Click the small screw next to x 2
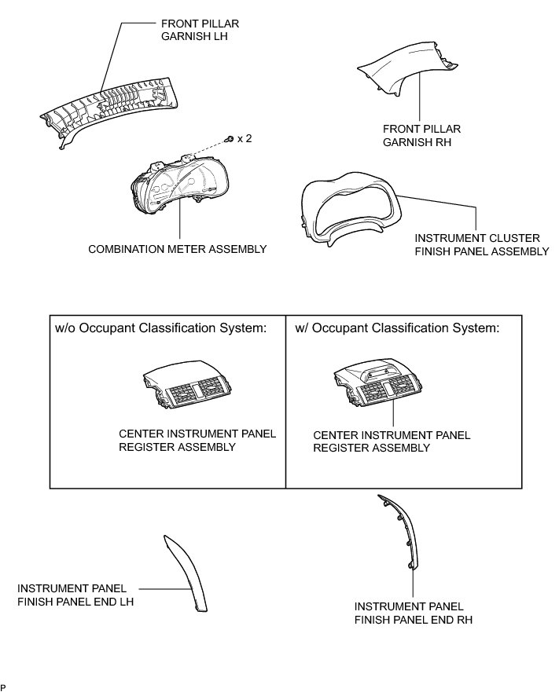click(228, 139)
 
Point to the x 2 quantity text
click(245, 138)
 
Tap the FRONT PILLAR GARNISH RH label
click(421, 135)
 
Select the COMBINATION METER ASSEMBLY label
click(177, 249)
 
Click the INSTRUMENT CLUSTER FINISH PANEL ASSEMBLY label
click(481, 243)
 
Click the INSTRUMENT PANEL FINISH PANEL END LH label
click(75, 595)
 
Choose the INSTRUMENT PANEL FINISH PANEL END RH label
click(413, 613)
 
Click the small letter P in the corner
click(3, 687)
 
